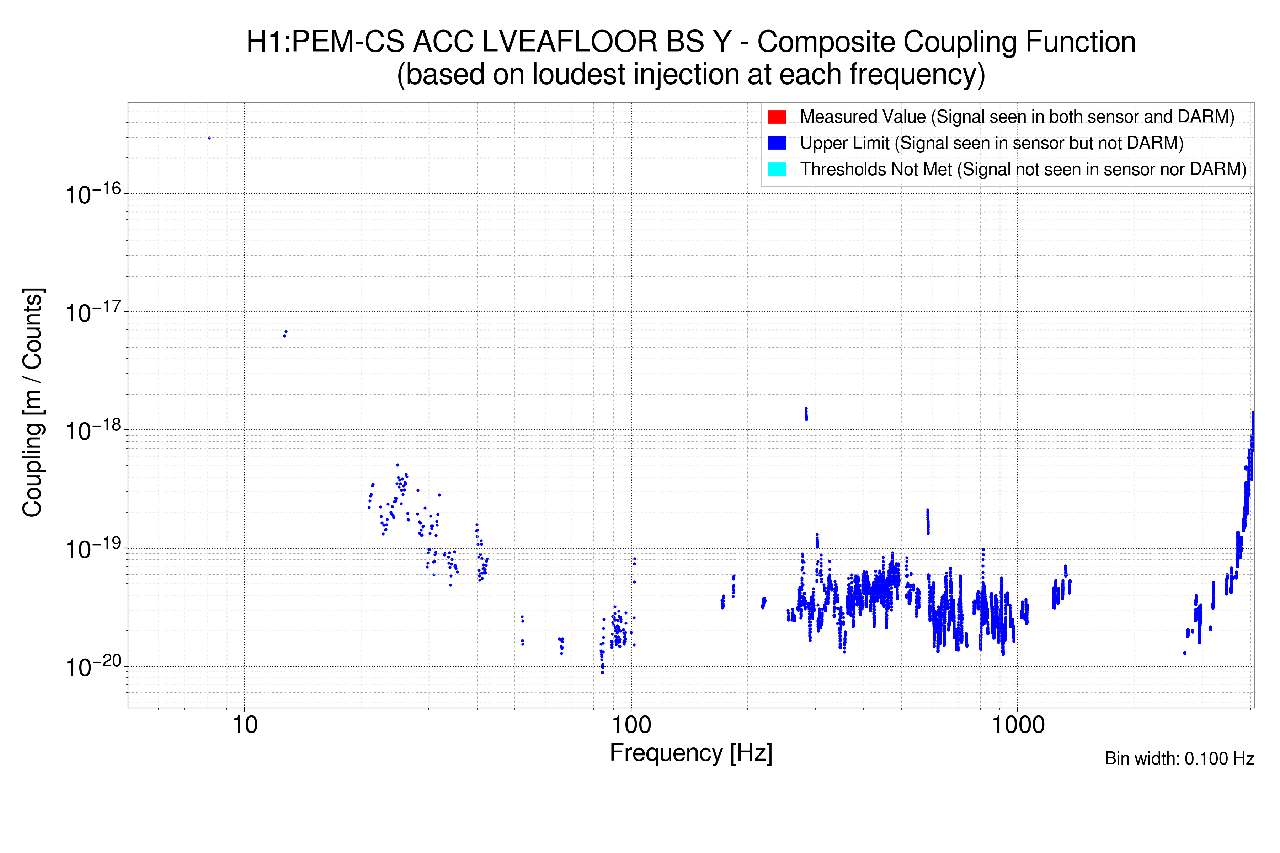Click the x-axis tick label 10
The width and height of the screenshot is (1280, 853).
[244, 725]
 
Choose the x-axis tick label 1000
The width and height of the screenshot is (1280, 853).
[1018, 725]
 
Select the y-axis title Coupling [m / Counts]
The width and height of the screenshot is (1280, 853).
[33, 403]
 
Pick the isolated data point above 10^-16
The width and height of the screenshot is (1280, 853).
[209, 138]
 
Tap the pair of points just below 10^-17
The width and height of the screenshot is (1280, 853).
[285, 333]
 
